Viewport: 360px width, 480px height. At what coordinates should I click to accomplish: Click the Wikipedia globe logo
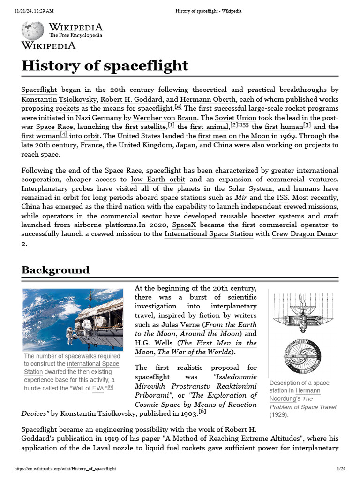(x=33, y=30)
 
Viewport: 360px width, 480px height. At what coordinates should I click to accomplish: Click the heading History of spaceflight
(x=105, y=65)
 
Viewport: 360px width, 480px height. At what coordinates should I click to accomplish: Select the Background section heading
(x=55, y=270)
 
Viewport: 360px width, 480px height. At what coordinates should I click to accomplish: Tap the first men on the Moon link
(x=233, y=136)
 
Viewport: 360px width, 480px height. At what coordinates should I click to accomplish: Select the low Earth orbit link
(x=158, y=179)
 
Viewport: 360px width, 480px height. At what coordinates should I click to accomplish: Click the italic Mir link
(x=241, y=197)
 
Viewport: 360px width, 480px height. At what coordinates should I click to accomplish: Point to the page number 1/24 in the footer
(x=341, y=468)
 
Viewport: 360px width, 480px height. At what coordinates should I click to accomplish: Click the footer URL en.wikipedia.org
(x=65, y=468)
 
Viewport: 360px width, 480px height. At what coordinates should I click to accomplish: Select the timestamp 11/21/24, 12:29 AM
(x=34, y=11)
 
